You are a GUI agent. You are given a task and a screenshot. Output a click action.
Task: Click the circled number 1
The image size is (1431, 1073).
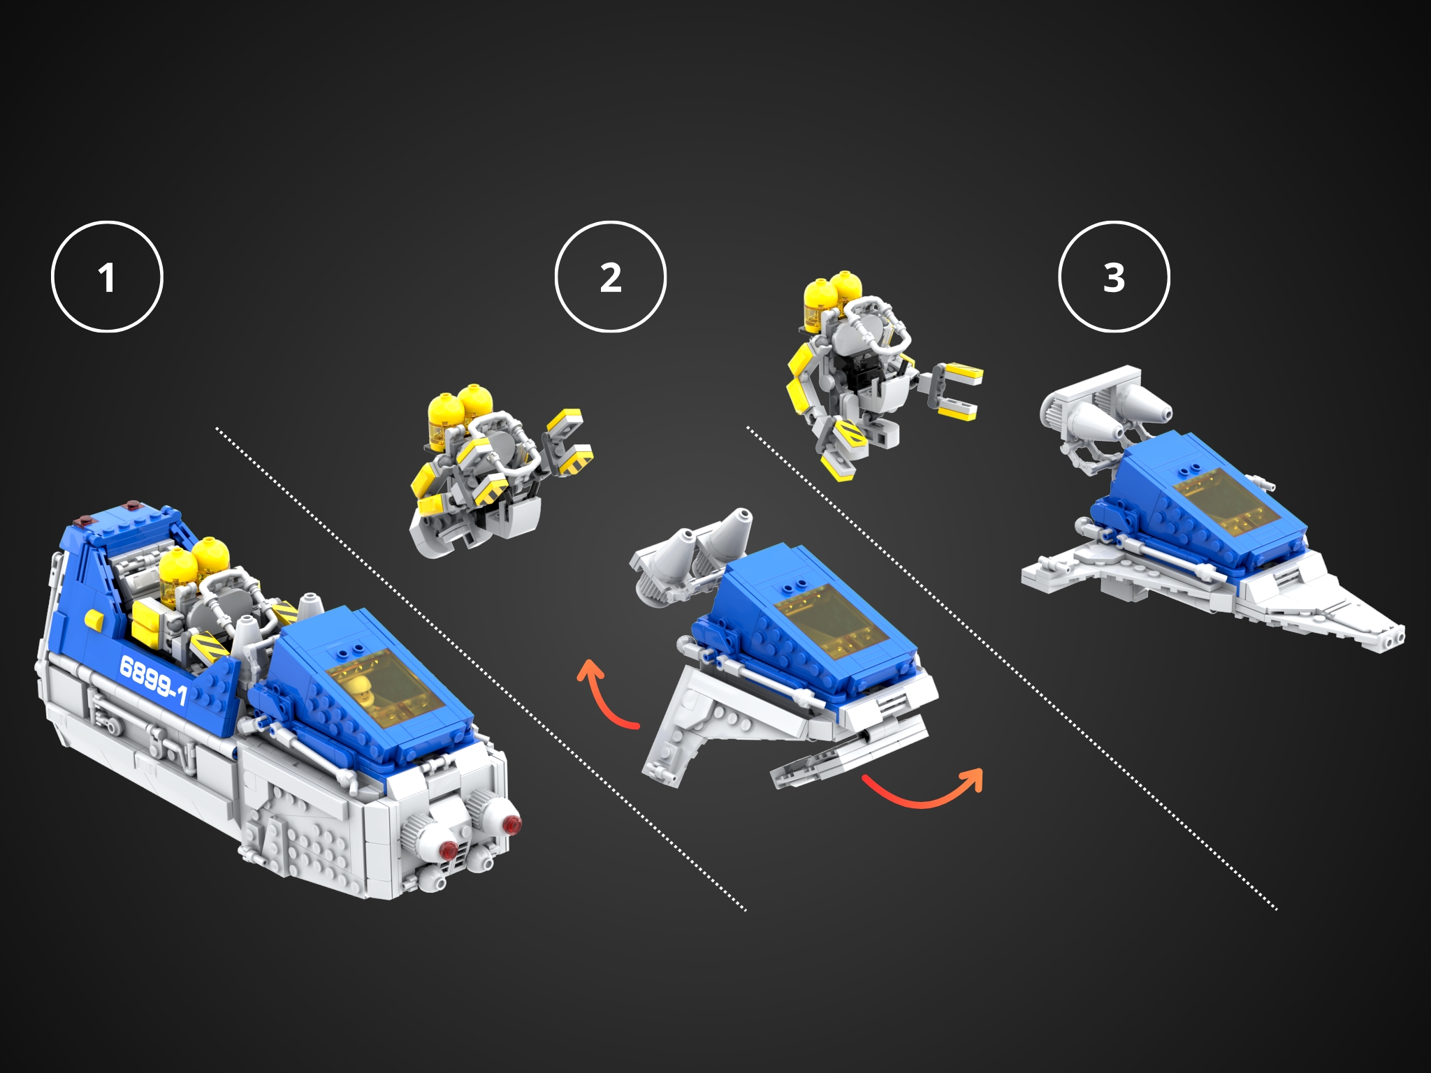pyautogui.click(x=107, y=277)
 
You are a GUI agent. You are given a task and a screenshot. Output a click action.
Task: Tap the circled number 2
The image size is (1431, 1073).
pyautogui.click(x=610, y=277)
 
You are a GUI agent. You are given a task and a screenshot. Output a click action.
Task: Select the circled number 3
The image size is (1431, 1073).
pyautogui.click(x=1114, y=277)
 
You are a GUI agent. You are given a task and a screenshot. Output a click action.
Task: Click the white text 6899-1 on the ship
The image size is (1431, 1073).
pyautogui.click(x=153, y=680)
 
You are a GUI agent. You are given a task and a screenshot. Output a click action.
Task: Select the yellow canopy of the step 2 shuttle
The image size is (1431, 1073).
pyautogui.click(x=831, y=622)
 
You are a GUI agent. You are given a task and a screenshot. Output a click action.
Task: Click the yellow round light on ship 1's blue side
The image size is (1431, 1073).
pyautogui.click(x=94, y=619)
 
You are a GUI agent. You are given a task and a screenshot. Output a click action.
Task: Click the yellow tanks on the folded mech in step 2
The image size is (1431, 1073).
pyautogui.click(x=458, y=412)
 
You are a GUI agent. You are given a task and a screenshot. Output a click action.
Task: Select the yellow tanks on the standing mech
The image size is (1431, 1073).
pyautogui.click(x=831, y=297)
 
